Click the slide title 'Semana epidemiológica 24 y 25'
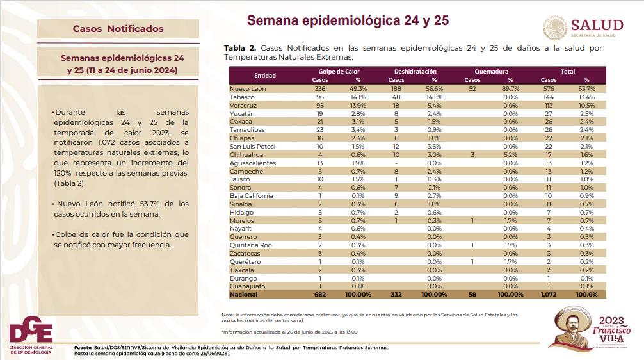click(348, 20)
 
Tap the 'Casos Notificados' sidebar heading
click(118, 29)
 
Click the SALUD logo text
click(597, 25)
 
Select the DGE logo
click(30, 334)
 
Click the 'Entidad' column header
click(264, 76)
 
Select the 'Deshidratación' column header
click(415, 72)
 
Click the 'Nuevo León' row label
click(248, 88)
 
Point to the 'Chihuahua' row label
click(245, 154)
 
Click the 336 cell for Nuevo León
click(319, 88)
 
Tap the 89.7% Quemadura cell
click(510, 88)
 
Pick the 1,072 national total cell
click(549, 295)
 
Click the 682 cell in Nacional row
click(319, 295)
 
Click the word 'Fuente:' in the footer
click(83, 347)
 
